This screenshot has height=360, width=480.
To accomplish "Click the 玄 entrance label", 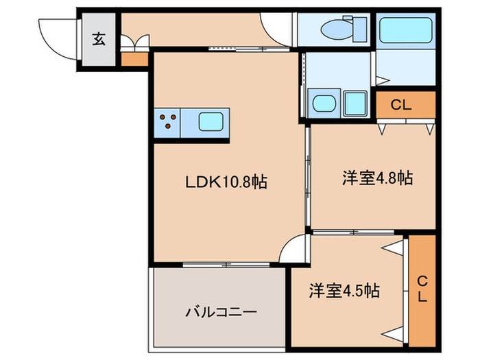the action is pos(99,40).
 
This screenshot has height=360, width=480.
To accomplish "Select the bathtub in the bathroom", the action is pos(406,30).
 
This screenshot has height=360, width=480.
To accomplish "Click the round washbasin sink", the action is pos(324,104).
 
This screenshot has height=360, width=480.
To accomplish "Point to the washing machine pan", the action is pos(355,104).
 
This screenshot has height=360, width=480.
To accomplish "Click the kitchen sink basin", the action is pos(211,121).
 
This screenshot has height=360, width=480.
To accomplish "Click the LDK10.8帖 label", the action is pos(226,182).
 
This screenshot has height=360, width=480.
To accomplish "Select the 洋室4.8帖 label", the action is pos(378,178).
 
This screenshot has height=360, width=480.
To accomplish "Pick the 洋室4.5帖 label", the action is pos(344,291).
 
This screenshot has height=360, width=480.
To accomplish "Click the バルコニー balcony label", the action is pos(221,312).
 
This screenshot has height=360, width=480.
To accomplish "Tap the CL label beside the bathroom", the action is pos(401,105).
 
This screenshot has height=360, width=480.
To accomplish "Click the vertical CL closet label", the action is pos(422,289).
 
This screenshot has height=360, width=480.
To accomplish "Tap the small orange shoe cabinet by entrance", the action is pos(134,60).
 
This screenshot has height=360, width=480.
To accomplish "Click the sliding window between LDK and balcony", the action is pos(226,265).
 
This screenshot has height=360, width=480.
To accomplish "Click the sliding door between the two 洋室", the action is pos(354,232).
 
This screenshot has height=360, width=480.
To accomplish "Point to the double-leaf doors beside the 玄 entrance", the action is pos(134,43).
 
